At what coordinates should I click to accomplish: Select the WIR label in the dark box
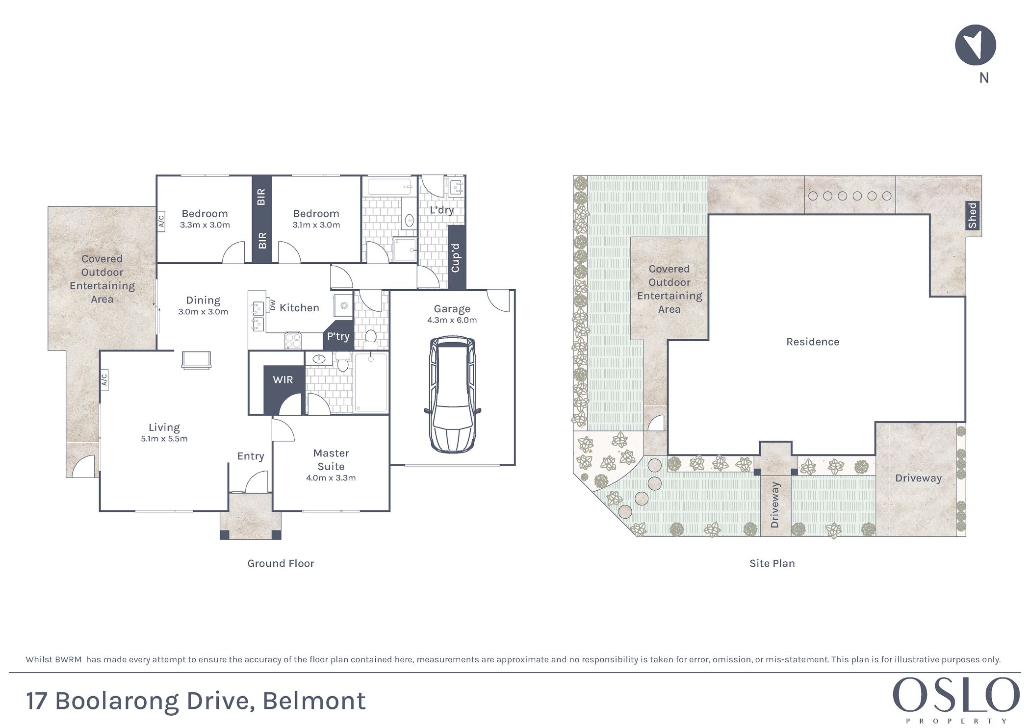click(283, 379)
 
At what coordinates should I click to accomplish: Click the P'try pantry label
click(338, 336)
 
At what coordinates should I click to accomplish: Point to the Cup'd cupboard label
click(455, 258)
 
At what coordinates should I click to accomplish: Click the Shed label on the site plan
click(972, 216)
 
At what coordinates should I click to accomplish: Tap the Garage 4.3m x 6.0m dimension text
click(452, 320)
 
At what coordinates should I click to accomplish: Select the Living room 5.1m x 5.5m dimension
click(164, 439)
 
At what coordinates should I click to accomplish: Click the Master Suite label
click(331, 460)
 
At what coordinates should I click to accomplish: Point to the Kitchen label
click(299, 308)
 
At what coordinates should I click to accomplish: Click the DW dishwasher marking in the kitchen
click(273, 305)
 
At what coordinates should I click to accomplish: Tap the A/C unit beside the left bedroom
click(161, 220)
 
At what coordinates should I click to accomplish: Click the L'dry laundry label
click(441, 210)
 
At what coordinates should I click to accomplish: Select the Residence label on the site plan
click(813, 342)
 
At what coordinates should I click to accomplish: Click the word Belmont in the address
click(314, 701)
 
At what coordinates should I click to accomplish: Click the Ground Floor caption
click(281, 563)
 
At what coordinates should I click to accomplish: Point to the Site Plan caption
click(772, 563)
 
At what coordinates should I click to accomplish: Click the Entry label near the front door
click(251, 456)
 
